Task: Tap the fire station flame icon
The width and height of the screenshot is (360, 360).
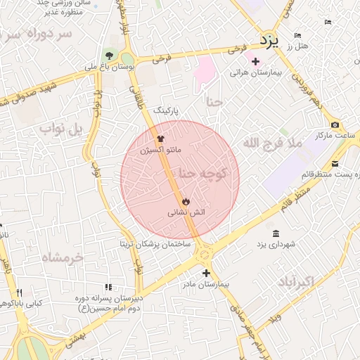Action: tap(186, 201)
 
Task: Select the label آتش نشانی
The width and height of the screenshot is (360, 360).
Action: tap(186, 212)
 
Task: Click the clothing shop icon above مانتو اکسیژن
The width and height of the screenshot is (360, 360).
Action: tap(160, 139)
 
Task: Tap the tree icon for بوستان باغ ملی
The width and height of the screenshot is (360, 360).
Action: tap(108, 56)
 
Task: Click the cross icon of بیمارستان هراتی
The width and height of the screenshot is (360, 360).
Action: tap(256, 62)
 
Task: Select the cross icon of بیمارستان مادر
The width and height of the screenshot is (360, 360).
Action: tap(206, 273)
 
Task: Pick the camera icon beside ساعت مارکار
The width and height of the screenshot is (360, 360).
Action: tap(335, 124)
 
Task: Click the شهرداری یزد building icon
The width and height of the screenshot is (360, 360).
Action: tap(275, 233)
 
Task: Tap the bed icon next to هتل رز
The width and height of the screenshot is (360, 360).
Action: tap(297, 35)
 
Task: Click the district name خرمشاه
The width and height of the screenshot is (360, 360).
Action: tap(62, 257)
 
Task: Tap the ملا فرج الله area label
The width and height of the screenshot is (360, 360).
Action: tap(272, 143)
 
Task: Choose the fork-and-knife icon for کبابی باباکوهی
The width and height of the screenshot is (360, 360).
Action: tap(19, 292)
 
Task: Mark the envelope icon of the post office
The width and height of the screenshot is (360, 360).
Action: tap(335, 164)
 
